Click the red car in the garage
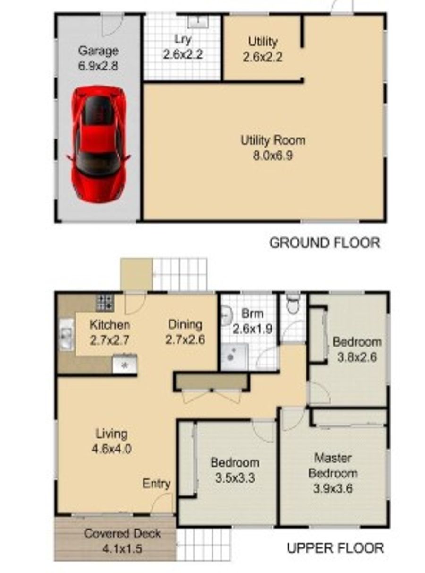98,144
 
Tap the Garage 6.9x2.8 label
98,58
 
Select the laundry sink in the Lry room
198,21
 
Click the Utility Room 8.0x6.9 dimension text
273,148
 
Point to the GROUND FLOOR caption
324,243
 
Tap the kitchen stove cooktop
105,303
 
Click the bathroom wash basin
227,315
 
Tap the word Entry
156,484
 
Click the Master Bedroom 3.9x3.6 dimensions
333,473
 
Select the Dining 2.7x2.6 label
185,332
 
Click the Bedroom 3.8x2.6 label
357,349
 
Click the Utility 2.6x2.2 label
263,49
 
